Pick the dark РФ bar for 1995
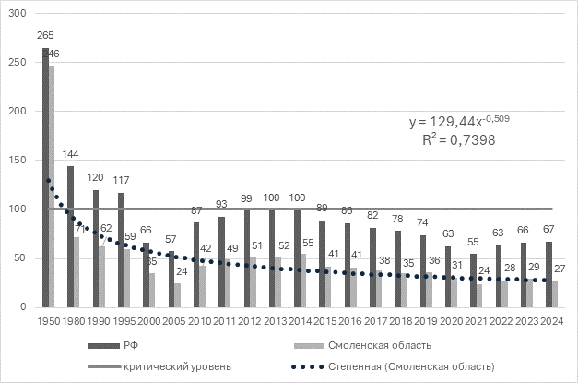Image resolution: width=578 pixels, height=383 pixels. tap(121, 249)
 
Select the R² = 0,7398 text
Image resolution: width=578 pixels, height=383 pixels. tap(453, 138)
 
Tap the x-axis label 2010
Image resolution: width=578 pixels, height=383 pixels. tap(200, 321)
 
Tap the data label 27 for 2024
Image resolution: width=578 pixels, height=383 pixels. tap(559, 269)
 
